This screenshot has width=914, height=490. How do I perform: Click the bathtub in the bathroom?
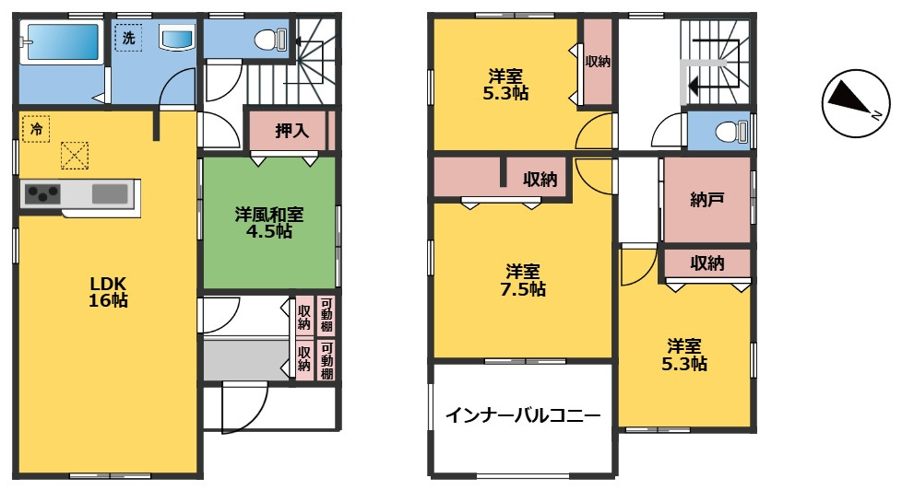tap(60, 44)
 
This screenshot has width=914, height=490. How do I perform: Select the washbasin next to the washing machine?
tap(177, 40)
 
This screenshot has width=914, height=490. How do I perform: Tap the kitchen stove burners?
tap(42, 193)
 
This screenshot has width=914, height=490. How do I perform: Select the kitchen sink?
tap(110, 193)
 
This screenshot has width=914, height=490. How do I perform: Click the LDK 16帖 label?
tap(108, 291)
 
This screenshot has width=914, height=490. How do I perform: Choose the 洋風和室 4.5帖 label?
tap(269, 222)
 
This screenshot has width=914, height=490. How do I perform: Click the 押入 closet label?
tap(292, 130)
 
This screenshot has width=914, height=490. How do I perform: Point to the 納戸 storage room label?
tap(707, 199)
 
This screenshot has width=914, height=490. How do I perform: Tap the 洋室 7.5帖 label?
tap(523, 280)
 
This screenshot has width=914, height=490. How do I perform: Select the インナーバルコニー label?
tap(523, 415)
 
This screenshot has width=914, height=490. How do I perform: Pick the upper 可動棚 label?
tap(326, 316)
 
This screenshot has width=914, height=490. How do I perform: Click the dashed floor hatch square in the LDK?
tap(74, 156)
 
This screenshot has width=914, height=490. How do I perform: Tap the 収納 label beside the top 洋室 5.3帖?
tap(597, 62)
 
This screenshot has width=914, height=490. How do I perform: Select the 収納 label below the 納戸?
tap(707, 263)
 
